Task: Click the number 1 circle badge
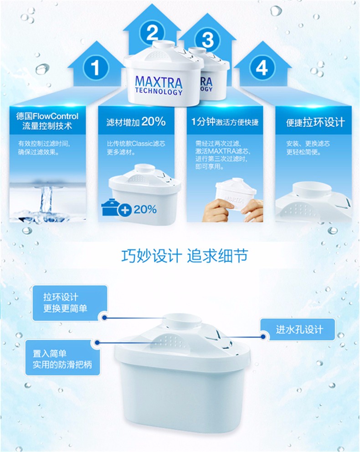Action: coord(95,68)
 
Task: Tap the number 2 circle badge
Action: coord(152,32)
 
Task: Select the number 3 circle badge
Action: coord(208,40)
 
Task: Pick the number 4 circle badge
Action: coord(262,68)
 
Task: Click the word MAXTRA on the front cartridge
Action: coord(159,82)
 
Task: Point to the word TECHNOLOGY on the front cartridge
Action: coord(159,92)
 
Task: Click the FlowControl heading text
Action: coord(47,121)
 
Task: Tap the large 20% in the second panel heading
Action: coord(153,122)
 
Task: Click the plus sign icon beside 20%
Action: coord(124,210)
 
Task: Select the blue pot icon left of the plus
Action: coord(110,207)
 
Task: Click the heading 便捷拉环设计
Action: coord(315,122)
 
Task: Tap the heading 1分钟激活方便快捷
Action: coord(225,122)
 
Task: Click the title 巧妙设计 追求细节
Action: coord(185,256)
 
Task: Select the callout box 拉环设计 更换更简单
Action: coord(69,303)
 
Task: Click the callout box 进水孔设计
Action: coord(298,329)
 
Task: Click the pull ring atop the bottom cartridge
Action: coord(182,321)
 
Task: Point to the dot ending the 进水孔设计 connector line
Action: coord(263,336)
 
